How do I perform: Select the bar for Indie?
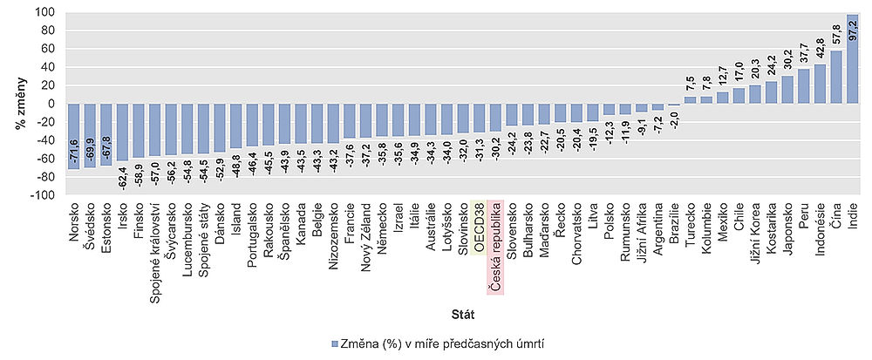click(851, 59)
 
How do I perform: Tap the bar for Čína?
click(835, 78)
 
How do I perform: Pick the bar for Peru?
click(803, 86)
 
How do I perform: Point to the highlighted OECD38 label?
click(479, 228)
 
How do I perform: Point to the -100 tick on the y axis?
click(41, 195)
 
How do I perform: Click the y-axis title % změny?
click(17, 105)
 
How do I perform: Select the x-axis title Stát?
click(463, 312)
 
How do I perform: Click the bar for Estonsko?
click(105, 134)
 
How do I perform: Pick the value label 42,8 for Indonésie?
click(820, 46)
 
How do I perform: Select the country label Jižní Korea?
click(754, 229)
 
